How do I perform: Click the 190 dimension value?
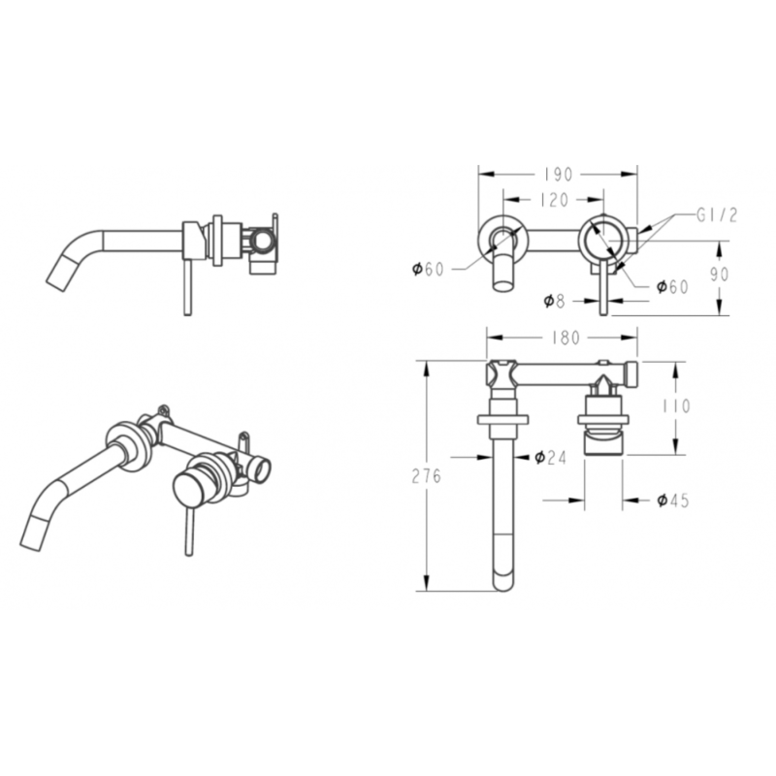[558, 175]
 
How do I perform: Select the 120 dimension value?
[554, 200]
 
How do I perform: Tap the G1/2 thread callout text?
[717, 215]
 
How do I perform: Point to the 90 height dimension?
[720, 275]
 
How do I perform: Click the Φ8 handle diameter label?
[554, 301]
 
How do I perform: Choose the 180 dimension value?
[565, 338]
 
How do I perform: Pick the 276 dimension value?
[426, 476]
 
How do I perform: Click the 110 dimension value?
[675, 406]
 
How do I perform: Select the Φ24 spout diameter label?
[550, 457]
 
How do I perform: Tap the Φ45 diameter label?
[673, 501]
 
